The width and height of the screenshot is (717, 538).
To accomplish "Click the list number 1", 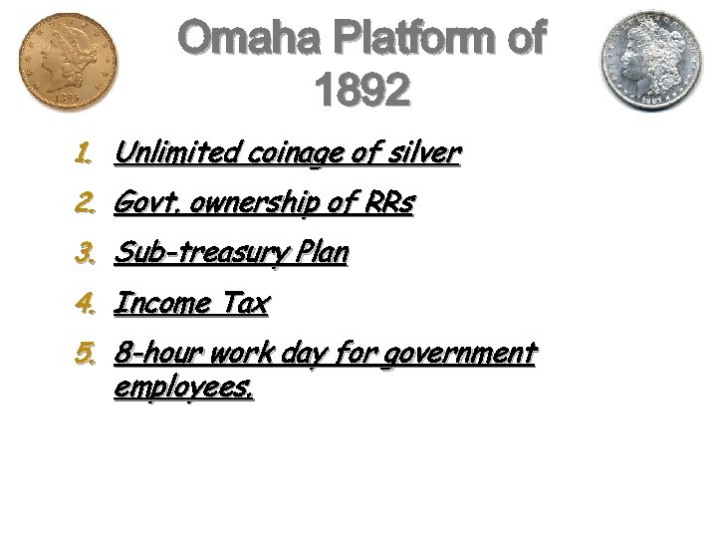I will [84, 154].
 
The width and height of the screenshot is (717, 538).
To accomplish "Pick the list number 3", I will [84, 254].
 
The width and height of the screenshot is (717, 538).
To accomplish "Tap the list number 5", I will [84, 354].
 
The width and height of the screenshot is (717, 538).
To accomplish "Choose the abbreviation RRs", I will [388, 203].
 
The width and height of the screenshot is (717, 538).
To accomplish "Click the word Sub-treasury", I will [203, 254].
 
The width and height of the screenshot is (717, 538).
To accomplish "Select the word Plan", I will [323, 253].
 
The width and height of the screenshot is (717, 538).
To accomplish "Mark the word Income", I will [159, 303].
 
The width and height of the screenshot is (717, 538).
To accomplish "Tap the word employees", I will [184, 386].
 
